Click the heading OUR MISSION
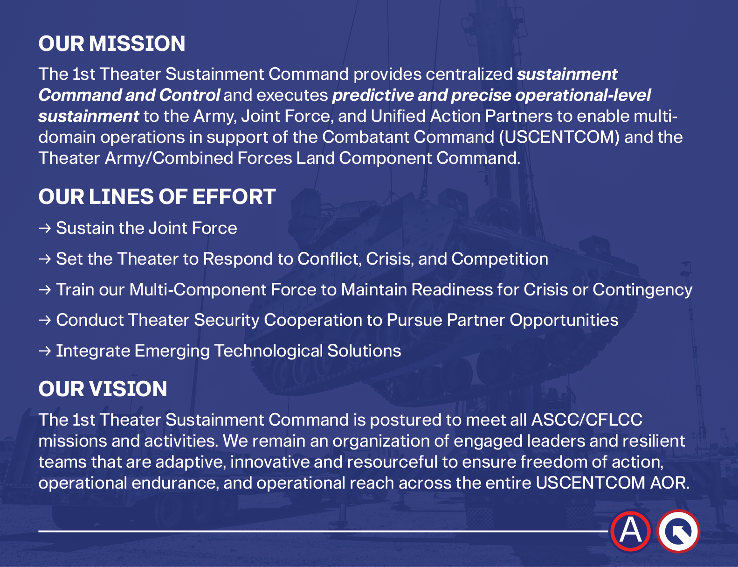click(112, 43)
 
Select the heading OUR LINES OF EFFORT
click(157, 196)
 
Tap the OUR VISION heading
click(103, 389)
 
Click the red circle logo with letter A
click(631, 531)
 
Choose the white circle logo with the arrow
click(678, 532)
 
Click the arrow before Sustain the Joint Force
click(45, 228)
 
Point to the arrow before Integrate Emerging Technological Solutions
click(45, 351)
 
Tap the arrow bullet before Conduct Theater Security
click(45, 320)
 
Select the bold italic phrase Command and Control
click(129, 95)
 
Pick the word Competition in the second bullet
click(500, 259)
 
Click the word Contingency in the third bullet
click(642, 290)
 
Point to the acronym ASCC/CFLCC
click(587, 420)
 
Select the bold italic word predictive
click(372, 96)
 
